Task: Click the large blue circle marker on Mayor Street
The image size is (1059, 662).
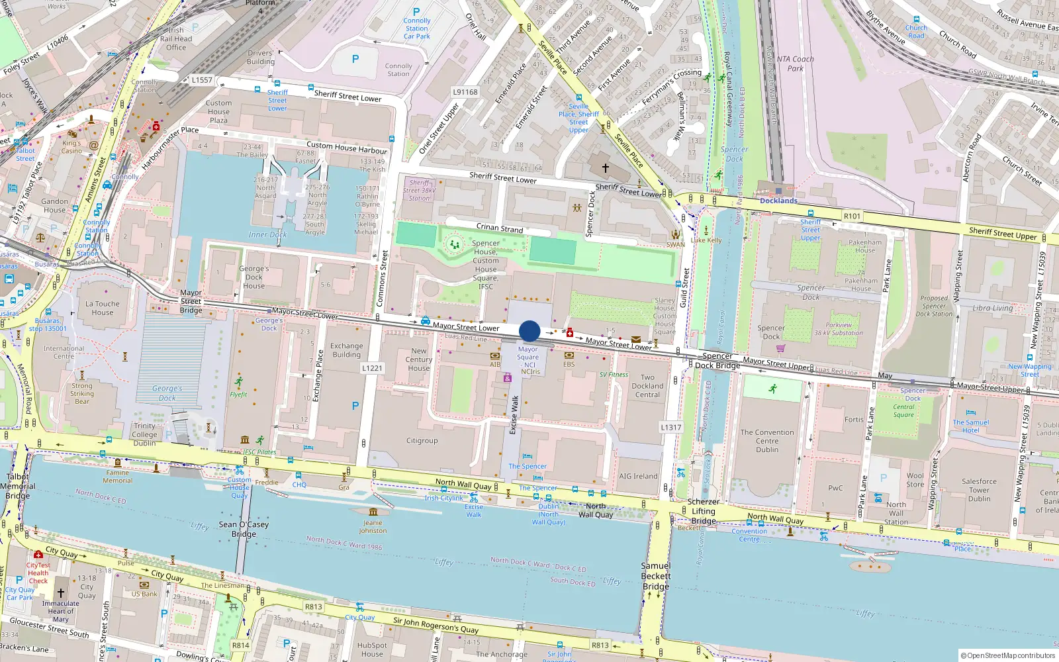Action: pyautogui.click(x=529, y=331)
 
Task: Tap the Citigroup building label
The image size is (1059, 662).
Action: pyautogui.click(x=422, y=440)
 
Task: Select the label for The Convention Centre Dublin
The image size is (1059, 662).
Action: pyautogui.click(x=767, y=441)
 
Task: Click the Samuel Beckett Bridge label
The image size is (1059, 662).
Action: pyautogui.click(x=655, y=576)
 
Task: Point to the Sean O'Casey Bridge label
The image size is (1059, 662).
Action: pyautogui.click(x=244, y=529)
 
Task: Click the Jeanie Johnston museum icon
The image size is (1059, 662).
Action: pyautogui.click(x=373, y=512)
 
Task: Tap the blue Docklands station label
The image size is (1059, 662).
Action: pyautogui.click(x=778, y=201)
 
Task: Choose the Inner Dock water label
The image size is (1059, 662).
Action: pyautogui.click(x=267, y=234)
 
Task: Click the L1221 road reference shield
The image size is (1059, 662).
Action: pyautogui.click(x=372, y=368)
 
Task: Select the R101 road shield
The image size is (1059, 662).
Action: pyautogui.click(x=852, y=216)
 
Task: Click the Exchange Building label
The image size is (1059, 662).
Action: pyautogui.click(x=347, y=350)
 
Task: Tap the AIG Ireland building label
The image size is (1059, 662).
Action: pyautogui.click(x=638, y=476)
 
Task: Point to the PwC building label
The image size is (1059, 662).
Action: pyautogui.click(x=835, y=488)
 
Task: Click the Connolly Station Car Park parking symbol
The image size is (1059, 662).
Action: pyautogui.click(x=416, y=12)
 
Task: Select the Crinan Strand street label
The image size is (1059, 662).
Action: pyautogui.click(x=500, y=228)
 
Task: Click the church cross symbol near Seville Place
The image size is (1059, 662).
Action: pyautogui.click(x=605, y=168)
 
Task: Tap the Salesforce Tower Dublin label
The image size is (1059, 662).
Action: pyautogui.click(x=979, y=490)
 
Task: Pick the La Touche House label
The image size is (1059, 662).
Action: pyautogui.click(x=103, y=308)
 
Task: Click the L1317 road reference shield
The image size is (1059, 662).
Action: pyautogui.click(x=670, y=428)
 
